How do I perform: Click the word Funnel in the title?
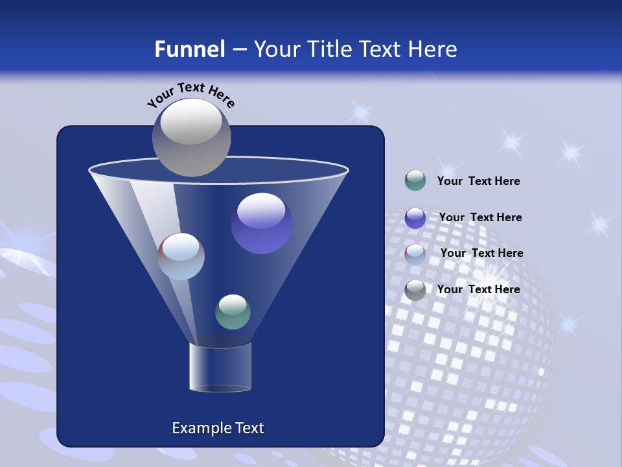click(x=190, y=49)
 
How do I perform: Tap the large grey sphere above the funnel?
click(x=191, y=137)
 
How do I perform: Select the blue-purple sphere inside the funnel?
click(x=261, y=223)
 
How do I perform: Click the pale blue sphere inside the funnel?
click(x=181, y=256)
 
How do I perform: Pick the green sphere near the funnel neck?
click(x=233, y=311)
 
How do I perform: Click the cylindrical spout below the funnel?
click(x=220, y=367)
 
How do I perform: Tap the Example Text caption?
click(x=218, y=428)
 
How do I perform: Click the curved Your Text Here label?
click(x=191, y=95)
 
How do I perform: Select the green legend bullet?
click(x=415, y=181)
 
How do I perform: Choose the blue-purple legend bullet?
click(x=415, y=217)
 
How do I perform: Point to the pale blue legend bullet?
click(x=415, y=254)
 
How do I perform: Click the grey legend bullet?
click(x=415, y=289)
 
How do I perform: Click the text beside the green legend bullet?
click(x=478, y=182)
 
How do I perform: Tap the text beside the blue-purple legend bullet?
click(x=480, y=218)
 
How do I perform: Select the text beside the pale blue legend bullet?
click(x=481, y=254)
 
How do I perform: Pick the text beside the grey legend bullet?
click(x=478, y=289)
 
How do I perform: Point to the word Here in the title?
click(x=433, y=49)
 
